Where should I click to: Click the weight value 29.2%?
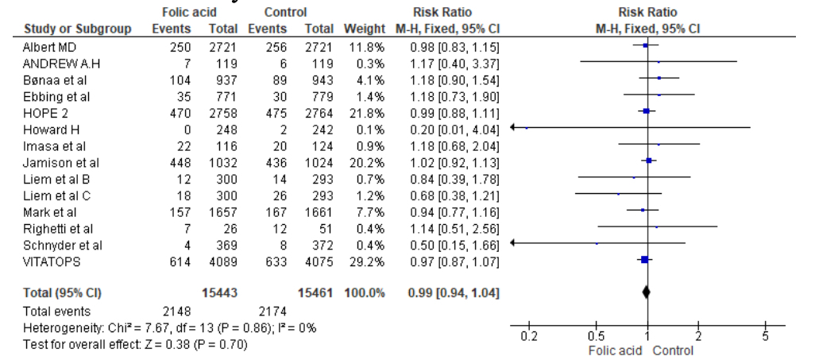click(369, 260)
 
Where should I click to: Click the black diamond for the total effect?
click(647, 292)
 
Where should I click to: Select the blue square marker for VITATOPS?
click(644, 260)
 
